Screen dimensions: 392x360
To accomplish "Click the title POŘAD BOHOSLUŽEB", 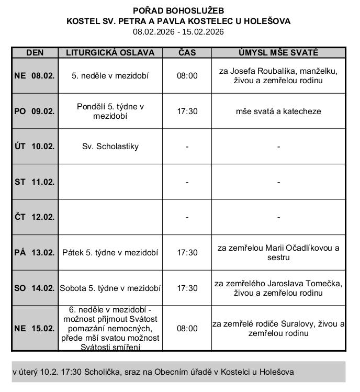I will coord(178,10).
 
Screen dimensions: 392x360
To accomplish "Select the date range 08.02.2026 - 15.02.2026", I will coord(178,32).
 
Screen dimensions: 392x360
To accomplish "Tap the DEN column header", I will coord(35,53).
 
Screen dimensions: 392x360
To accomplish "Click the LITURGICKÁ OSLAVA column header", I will coord(110,53).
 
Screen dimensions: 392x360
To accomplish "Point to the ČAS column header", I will coord(187,53).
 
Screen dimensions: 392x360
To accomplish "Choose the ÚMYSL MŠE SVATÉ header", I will coord(278,53).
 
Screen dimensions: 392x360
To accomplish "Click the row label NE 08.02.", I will coord(35,75).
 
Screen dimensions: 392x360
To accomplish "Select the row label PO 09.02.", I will coord(35,111).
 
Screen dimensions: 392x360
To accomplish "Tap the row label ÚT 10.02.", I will coord(35,147).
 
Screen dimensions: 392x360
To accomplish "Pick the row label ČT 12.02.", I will coord(35,217).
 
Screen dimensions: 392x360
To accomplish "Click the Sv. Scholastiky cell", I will coord(110,147).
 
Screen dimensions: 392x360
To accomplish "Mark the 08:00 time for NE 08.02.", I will coord(187,75).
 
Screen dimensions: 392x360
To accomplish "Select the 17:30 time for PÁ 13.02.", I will coord(187,252).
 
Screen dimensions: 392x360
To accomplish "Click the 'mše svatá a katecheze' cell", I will coord(278,111).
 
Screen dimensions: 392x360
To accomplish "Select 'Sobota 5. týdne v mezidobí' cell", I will coord(110,288).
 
